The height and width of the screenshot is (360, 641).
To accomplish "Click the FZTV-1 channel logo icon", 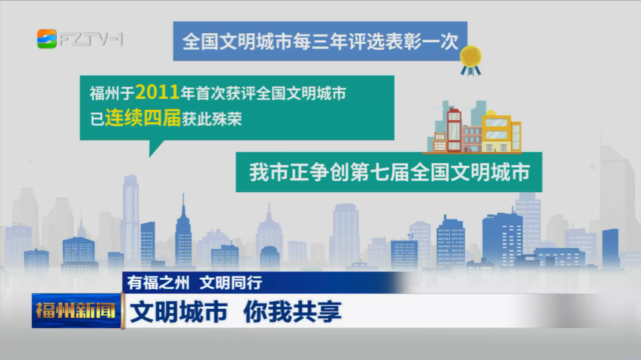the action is coord(46,39).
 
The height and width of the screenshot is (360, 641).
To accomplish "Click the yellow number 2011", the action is coord(157,92).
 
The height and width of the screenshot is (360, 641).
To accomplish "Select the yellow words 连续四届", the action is coord(143,119).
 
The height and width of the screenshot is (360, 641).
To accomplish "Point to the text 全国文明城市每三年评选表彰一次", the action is coord(320,41).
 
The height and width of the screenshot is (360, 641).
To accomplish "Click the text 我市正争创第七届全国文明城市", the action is coord(389,172).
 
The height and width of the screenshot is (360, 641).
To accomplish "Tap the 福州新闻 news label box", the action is coord(77,310).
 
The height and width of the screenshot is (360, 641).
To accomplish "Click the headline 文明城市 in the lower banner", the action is coord(179,312).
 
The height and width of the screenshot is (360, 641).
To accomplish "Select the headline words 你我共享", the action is coord(292,312).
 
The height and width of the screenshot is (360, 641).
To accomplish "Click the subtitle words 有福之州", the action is coord(158,283).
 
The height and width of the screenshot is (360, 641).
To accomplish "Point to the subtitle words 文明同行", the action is coord(231,283).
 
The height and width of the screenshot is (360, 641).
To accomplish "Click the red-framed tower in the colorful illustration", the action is coord(454,131).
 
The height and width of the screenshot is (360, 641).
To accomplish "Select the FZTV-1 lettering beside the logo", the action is coord(91,39).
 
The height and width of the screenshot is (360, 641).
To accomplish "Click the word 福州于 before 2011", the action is coord(112,94).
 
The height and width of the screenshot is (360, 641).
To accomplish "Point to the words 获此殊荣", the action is coord(212,120).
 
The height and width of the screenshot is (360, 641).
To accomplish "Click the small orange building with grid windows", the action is coord(440,142).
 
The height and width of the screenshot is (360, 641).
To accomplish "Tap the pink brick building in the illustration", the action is coord(471,139).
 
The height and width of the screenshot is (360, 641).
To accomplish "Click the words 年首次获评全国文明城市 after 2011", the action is coord(263,94).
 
